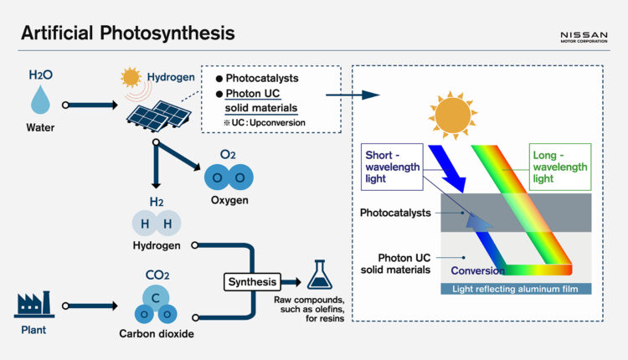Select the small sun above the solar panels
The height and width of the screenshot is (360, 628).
point(131,79)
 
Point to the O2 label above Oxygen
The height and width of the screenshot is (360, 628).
point(228,156)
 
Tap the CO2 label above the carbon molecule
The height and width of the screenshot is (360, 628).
point(157,274)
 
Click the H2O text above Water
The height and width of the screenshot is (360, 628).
point(40,75)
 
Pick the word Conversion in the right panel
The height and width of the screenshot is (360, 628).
point(477,270)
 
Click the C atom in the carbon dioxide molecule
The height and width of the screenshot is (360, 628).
point(157,296)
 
